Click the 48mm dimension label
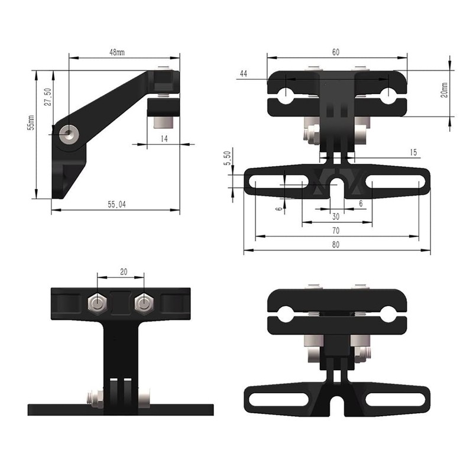click(116, 53)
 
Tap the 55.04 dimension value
click(117, 205)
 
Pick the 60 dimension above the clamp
click(335, 53)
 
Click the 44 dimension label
click(243, 73)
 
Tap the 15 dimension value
click(413, 153)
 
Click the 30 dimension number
click(336, 216)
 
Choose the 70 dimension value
click(336, 230)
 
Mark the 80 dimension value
click(336, 244)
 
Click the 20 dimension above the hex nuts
click(123, 272)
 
